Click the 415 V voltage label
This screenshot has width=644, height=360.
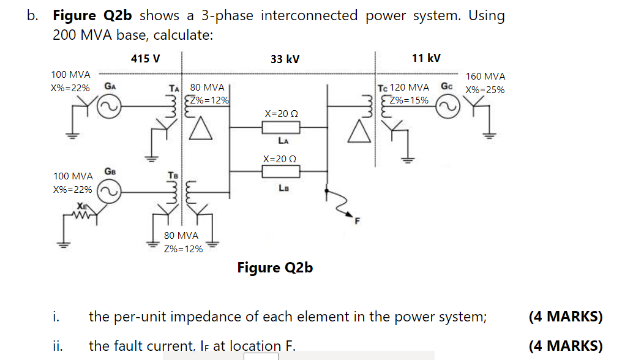(146, 59)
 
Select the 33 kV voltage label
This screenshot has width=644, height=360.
(285, 59)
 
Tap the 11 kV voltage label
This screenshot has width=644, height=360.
(426, 58)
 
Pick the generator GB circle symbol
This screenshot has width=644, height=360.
(108, 194)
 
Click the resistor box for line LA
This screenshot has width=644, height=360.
(281, 127)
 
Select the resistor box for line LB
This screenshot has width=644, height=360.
(281, 172)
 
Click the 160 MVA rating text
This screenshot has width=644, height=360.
(485, 77)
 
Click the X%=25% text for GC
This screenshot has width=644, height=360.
(485, 89)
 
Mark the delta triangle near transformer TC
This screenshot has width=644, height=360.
(359, 130)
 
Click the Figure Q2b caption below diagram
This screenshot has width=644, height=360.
(275, 268)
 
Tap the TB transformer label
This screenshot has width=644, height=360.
(173, 176)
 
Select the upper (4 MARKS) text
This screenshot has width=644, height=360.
(566, 317)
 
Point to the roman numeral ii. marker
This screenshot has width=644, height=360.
(55, 346)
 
